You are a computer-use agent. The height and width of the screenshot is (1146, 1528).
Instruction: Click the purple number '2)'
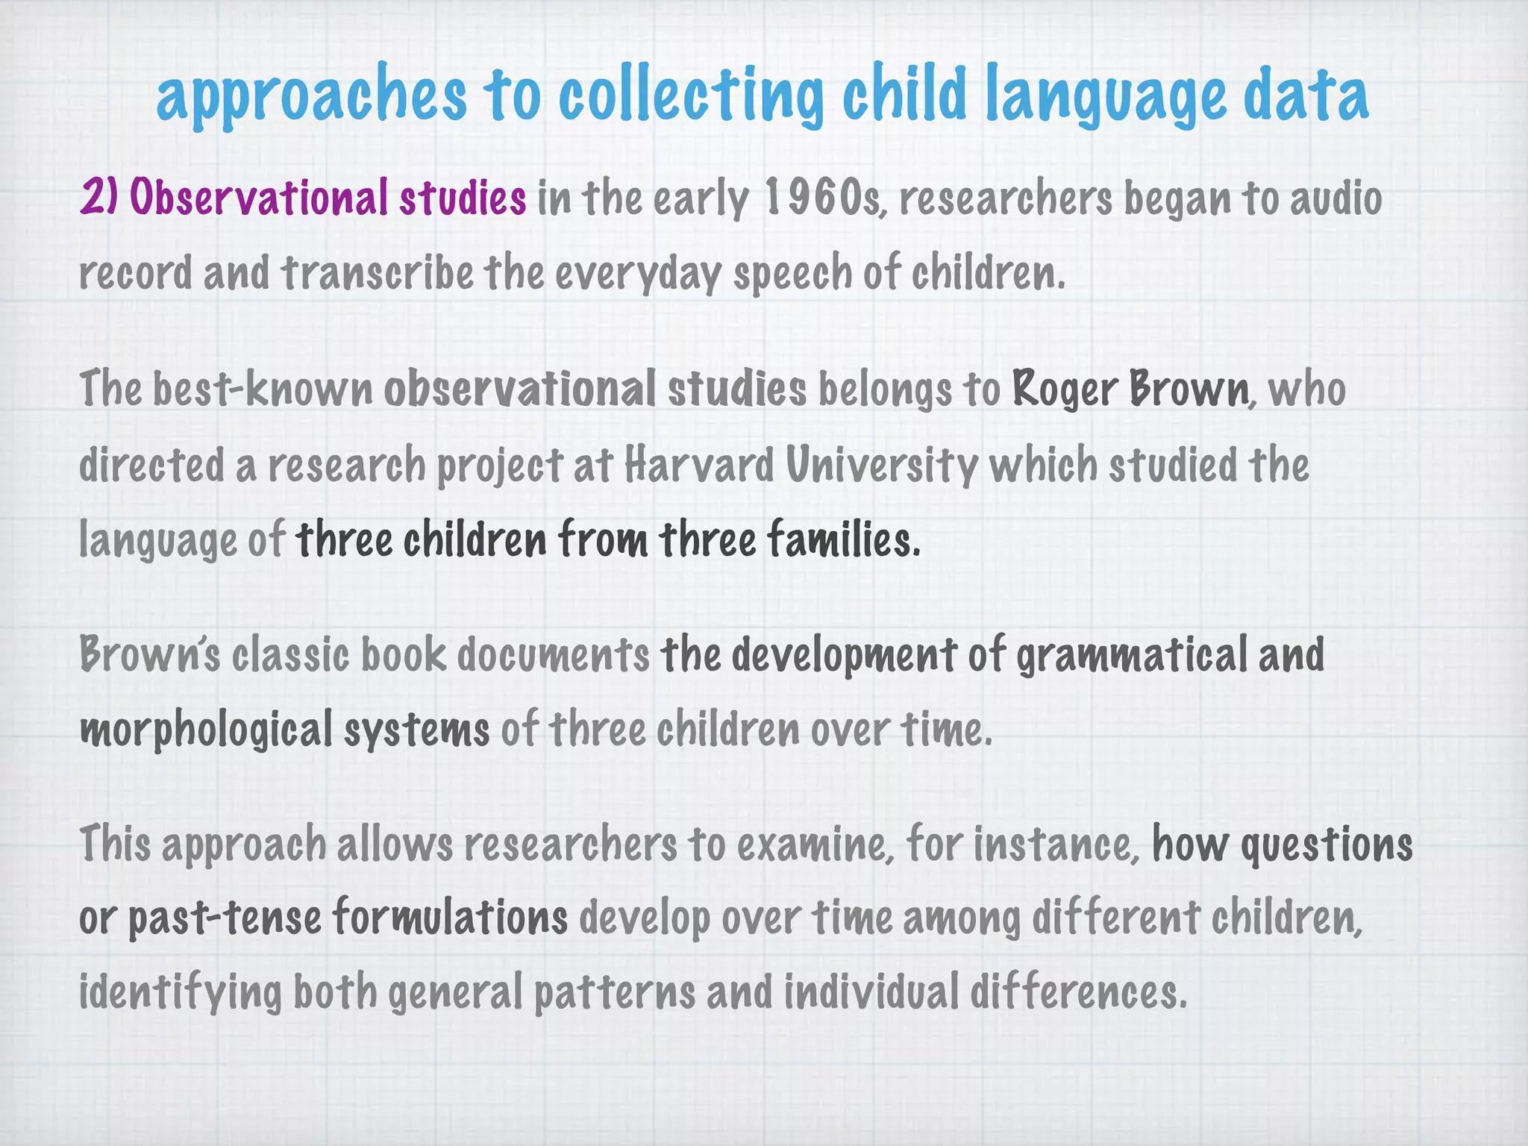click(99, 198)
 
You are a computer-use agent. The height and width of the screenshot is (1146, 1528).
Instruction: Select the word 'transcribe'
click(378, 272)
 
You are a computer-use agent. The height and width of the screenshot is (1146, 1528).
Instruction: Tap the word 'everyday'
click(639, 274)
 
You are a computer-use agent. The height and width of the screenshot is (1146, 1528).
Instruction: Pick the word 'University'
click(881, 465)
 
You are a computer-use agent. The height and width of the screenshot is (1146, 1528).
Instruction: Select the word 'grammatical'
click(1132, 654)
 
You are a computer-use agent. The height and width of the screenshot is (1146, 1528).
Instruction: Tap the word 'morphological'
click(206, 730)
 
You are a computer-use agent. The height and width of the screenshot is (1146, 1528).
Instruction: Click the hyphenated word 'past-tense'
click(225, 918)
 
